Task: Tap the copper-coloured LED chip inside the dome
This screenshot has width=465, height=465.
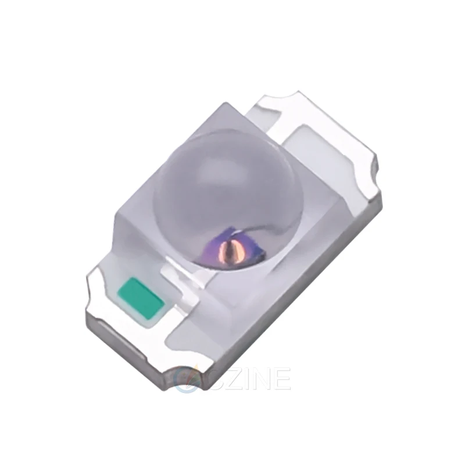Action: coord(234,247)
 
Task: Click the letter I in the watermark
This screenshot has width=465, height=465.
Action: coord(239,379)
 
